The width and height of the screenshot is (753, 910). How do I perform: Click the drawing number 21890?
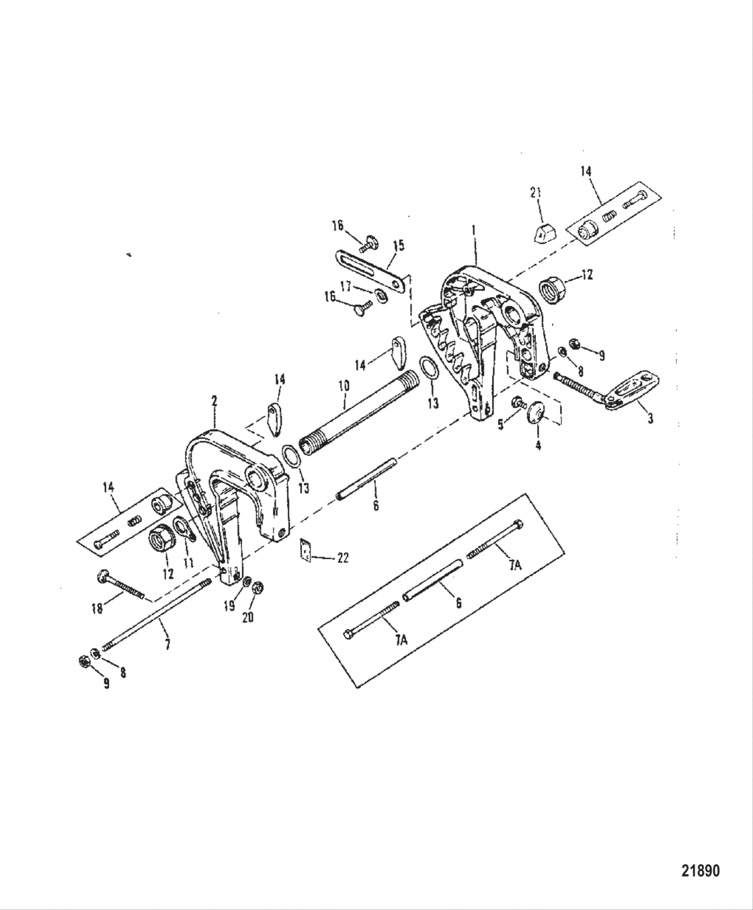pos(701,871)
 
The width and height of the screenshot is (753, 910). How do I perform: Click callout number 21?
pos(536,194)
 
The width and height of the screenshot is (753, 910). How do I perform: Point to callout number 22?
pos(343,558)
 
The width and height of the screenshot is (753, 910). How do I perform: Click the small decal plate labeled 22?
pos(306,552)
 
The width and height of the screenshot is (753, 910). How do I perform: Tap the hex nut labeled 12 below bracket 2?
pos(161,539)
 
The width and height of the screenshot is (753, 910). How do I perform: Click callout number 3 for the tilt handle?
pos(650,419)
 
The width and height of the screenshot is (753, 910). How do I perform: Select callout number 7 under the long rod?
pos(167,644)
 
